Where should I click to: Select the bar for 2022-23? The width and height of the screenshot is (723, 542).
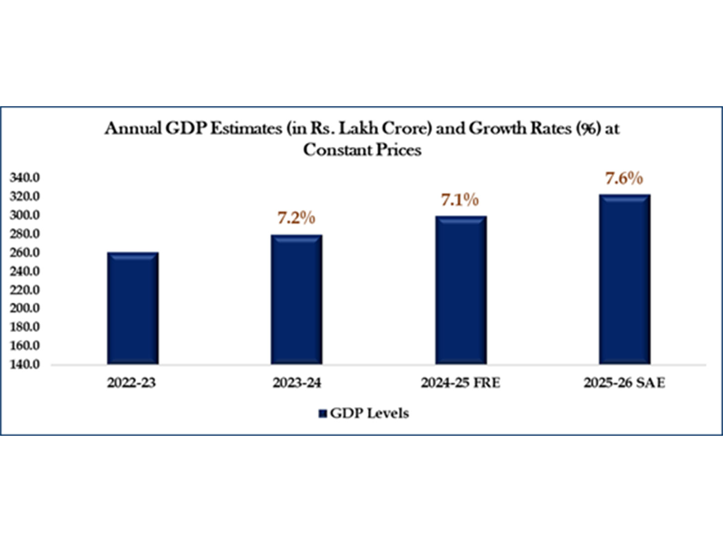click(x=133, y=308)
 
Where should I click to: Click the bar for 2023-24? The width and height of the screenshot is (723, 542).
click(x=296, y=299)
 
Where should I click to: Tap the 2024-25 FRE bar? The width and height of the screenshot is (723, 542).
click(x=461, y=290)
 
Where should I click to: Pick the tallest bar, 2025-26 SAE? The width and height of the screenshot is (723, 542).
click(x=624, y=279)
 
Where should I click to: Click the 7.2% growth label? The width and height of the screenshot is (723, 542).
click(x=296, y=218)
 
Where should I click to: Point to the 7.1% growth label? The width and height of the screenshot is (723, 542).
click(x=460, y=200)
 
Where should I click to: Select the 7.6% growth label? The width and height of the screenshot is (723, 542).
click(x=624, y=178)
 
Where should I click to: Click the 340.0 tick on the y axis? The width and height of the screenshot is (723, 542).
click(x=25, y=178)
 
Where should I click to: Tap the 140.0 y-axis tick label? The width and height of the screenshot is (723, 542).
click(x=25, y=364)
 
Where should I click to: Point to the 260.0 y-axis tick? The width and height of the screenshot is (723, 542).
click(x=25, y=252)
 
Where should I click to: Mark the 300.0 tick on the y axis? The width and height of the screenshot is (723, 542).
click(x=25, y=215)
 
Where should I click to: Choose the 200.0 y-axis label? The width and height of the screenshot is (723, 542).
click(x=25, y=308)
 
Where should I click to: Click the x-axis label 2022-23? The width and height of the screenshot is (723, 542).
click(x=131, y=383)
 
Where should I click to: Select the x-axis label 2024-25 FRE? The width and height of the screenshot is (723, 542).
click(x=460, y=383)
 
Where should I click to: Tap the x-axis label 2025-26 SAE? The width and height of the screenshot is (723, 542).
click(x=624, y=383)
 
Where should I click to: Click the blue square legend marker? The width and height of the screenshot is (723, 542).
click(x=323, y=414)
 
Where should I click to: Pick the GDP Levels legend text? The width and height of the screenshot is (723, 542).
click(x=369, y=413)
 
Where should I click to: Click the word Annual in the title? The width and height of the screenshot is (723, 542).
click(x=133, y=129)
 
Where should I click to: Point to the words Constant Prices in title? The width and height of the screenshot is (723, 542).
click(x=362, y=150)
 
